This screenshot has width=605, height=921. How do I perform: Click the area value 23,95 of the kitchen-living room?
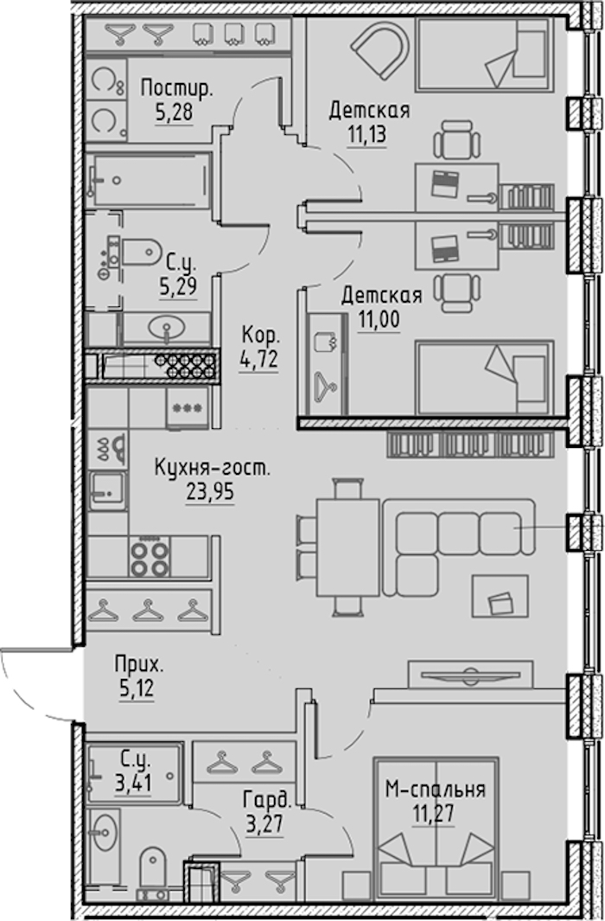coord(210,491)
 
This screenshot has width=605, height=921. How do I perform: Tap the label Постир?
coord(176,89)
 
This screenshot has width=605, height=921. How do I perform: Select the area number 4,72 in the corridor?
coord(258,358)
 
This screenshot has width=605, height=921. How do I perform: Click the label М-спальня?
coord(436,790)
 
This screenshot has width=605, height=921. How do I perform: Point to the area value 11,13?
coord(366,135)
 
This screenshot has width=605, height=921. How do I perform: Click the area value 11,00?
coord(379,319)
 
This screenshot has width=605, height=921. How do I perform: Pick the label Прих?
coord(138,665)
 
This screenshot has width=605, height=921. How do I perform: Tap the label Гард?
coord(267,800)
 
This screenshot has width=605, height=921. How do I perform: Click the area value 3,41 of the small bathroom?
coord(133,783)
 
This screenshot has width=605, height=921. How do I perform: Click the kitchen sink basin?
coord(107,489)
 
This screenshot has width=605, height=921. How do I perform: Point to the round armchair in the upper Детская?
coord(380,51)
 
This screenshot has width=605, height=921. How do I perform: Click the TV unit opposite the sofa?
coord(471,674)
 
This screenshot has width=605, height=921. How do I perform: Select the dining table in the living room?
coord(347,547)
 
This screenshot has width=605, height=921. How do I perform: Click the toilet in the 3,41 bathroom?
coord(153,869)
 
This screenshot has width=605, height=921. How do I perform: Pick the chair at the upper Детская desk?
coord(457,140)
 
